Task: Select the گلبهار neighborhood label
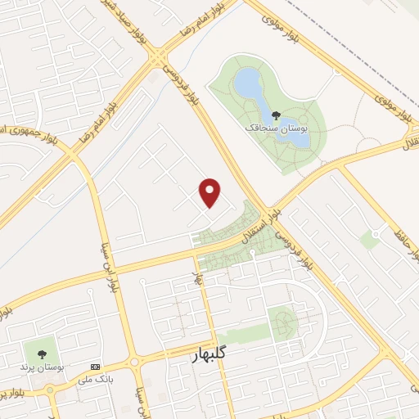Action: coord(199,354)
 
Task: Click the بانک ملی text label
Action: coord(92,380)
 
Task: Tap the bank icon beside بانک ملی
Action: coord(95,366)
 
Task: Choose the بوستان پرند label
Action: coord(37,367)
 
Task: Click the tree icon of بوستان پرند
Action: coord(41,354)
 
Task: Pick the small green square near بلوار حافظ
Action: coord(370,240)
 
